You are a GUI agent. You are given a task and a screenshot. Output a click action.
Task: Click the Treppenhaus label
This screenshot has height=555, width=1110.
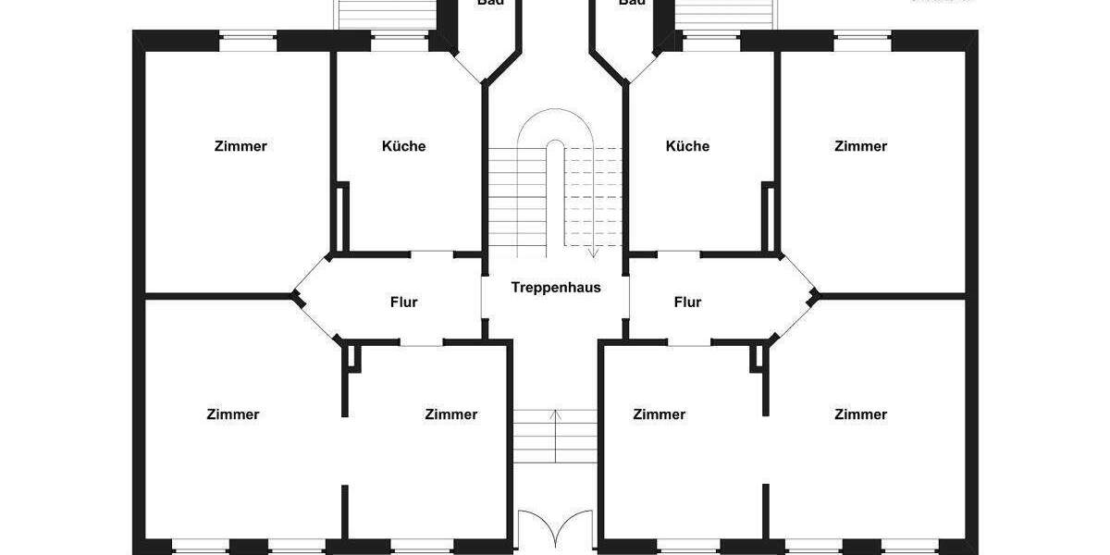[556, 288]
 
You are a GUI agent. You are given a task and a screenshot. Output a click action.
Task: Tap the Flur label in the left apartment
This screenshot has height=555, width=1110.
[404, 302]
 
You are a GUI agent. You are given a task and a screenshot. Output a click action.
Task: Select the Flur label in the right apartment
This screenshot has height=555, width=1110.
[687, 302]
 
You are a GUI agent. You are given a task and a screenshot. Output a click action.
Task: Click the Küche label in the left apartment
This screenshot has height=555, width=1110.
[403, 146]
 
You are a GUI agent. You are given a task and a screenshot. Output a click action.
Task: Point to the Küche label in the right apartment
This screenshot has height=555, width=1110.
[687, 146]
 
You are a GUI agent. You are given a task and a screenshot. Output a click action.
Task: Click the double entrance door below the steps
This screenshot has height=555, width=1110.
[555, 529]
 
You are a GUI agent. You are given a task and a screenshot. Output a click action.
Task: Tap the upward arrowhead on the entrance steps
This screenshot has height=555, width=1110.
[555, 414]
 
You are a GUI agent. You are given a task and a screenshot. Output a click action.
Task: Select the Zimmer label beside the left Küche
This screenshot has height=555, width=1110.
[240, 146]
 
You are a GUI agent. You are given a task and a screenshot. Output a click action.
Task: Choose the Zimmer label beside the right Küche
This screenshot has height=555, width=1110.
[860, 146]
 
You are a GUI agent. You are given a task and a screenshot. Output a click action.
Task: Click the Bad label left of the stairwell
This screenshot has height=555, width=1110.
[490, 3]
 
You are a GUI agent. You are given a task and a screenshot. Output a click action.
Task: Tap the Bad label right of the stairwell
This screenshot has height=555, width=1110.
[632, 3]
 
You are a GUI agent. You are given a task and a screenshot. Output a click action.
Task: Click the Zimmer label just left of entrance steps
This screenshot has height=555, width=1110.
[451, 414]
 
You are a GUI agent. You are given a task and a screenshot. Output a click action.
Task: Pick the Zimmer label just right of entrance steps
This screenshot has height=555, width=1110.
[660, 414]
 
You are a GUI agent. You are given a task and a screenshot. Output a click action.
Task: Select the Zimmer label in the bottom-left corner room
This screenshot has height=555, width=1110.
[233, 414]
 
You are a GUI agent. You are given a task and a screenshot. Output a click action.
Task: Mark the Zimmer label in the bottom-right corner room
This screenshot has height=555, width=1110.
[860, 414]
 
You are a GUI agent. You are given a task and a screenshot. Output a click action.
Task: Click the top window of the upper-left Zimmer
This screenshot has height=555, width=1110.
[248, 40]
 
